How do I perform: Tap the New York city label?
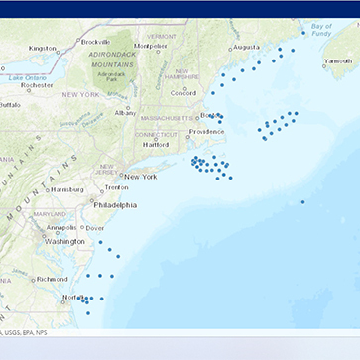pyautogui.click(x=141, y=177)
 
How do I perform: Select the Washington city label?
pyautogui.click(x=65, y=241)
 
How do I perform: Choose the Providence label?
pyautogui.click(x=207, y=132)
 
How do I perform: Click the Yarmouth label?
pyautogui.click(x=337, y=60)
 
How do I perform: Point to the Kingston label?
pyautogui.click(x=43, y=48)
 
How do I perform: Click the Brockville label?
pyautogui.click(x=95, y=42)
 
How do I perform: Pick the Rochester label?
pyautogui.click(x=37, y=85)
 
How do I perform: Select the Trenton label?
pyautogui.click(x=116, y=187)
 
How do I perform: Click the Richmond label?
pyautogui.click(x=52, y=279)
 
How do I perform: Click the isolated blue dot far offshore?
pyautogui.click(x=302, y=202)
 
